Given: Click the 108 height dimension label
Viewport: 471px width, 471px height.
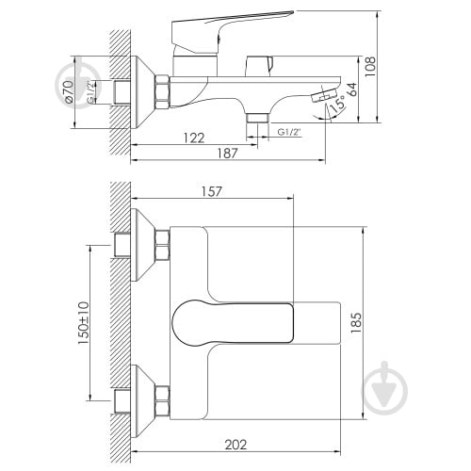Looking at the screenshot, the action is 370,66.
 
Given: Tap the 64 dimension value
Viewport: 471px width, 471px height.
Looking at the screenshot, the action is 352,89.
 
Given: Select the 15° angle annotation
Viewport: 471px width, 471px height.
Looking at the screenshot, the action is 336,104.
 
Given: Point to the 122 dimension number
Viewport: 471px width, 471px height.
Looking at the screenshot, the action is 194,138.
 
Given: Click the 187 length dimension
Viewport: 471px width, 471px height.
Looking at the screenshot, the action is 228,154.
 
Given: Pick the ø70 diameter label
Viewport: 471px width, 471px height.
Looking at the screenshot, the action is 69,91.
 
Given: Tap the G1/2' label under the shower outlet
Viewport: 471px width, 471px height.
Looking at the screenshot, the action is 289,132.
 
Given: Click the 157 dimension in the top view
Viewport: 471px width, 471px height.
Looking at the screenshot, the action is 212,191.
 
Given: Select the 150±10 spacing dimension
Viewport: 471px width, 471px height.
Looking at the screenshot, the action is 84,323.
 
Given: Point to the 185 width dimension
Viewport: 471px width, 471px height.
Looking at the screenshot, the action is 356,323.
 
